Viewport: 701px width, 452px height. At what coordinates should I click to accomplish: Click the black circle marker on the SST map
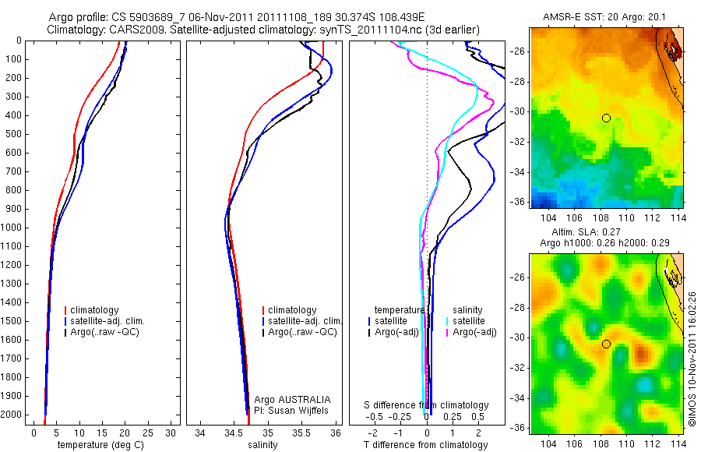click(x=606, y=118)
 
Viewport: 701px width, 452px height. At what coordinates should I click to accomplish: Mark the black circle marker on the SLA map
click(x=606, y=344)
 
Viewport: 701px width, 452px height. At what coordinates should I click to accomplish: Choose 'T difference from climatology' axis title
click(x=426, y=445)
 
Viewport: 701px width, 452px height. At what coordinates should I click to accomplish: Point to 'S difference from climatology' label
click(x=427, y=405)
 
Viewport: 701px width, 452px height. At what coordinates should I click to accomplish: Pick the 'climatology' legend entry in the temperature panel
click(x=97, y=310)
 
